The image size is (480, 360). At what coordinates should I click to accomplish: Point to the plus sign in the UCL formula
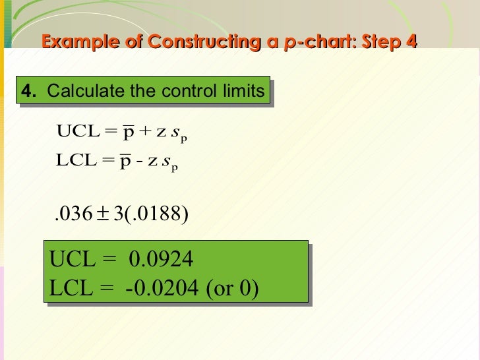[x=144, y=133]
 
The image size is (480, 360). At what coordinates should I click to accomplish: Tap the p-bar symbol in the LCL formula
[x=127, y=162]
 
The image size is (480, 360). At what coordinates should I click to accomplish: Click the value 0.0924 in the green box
[x=162, y=260]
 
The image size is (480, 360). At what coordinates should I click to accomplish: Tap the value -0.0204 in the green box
[x=165, y=289]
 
